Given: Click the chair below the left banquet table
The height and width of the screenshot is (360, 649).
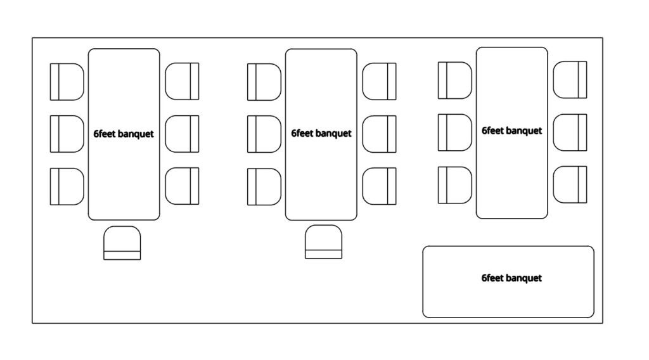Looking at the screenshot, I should pos(122,243).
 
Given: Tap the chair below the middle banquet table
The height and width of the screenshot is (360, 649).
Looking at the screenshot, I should pos(323,241).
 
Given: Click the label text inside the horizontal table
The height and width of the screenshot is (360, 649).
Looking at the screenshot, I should pos(511,278).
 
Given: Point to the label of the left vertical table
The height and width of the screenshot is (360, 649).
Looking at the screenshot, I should pos(124,134).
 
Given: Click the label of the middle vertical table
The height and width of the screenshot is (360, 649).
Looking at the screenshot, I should pos(321,133).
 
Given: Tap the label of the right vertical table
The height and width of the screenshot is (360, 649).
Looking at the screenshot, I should pos(511,131).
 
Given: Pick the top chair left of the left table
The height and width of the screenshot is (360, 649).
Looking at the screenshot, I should pos(67,81).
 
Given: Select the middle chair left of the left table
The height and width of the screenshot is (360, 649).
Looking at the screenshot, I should pos(67,134).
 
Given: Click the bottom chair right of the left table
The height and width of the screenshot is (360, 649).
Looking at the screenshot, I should pos(182,186).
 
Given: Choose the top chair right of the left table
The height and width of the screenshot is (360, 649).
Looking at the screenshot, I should pos(182,81).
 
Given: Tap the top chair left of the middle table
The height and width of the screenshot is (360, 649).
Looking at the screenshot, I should pos(264,81).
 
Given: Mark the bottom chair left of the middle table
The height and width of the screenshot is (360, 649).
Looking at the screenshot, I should pos(264,186).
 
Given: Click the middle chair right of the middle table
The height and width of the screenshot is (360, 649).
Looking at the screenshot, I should pos(379,134).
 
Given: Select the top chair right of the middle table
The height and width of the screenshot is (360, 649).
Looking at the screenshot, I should pos(379,81).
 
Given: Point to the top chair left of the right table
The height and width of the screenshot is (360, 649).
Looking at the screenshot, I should pos(454,80).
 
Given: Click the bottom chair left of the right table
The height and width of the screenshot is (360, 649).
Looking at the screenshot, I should pos(454,184).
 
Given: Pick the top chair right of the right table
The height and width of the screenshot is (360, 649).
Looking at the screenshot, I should pos(570,80).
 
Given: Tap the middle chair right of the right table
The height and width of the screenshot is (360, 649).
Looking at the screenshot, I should pos(570,132).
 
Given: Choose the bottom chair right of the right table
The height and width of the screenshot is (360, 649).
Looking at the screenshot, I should pos(570,184).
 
